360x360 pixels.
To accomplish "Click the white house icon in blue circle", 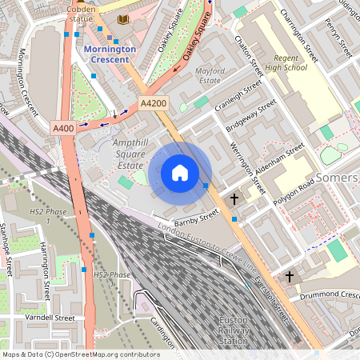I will pyautogui.click(x=180, y=173).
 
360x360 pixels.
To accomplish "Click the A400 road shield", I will pyautogui.click(x=63, y=128).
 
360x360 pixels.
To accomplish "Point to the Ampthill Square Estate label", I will pyautogui.click(x=119, y=151).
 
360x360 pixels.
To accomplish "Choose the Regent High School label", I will pyautogui.click(x=285, y=63).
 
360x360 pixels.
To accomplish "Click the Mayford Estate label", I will pyautogui.click(x=209, y=75).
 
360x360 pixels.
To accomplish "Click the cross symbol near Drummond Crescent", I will pyautogui.click(x=290, y=276).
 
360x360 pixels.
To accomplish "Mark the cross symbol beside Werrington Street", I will pyautogui.click(x=234, y=198).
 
